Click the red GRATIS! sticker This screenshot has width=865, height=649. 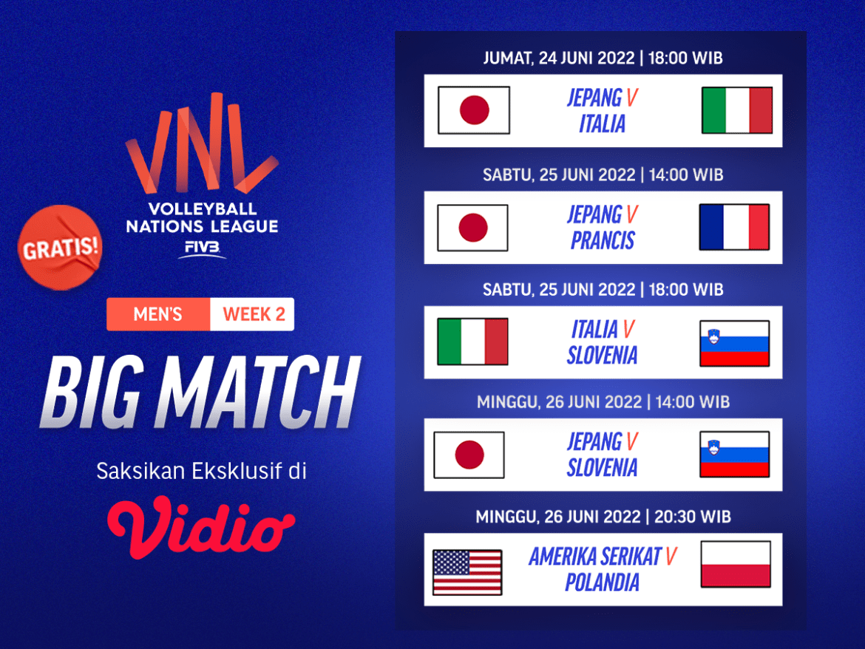(61, 247)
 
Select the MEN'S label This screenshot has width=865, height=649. (157, 314)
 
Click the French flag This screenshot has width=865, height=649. (734, 227)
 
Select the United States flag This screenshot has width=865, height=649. (467, 572)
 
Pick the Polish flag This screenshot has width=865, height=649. (736, 565)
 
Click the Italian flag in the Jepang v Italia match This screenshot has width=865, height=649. (737, 110)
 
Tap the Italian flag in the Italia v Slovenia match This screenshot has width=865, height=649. (472, 342)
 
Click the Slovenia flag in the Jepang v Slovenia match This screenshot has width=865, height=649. (734, 455)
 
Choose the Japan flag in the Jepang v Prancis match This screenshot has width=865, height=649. (472, 227)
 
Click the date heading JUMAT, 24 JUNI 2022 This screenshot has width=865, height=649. (558, 58)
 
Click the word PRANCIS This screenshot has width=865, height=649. (602, 241)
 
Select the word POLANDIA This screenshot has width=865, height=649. (602, 582)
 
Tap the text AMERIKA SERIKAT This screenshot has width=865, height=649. (594, 557)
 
